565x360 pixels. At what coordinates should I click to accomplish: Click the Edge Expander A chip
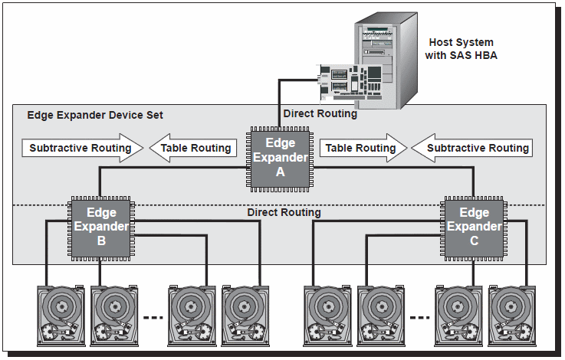click(x=280, y=159)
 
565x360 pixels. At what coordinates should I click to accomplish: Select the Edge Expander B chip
click(x=101, y=228)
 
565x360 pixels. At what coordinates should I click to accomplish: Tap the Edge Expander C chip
click(x=474, y=228)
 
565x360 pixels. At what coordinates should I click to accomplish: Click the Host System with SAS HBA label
click(x=461, y=49)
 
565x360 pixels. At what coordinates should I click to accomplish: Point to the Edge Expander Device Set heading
click(x=95, y=115)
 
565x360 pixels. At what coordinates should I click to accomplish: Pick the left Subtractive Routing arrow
click(x=83, y=148)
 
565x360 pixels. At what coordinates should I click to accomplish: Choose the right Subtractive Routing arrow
click(x=472, y=148)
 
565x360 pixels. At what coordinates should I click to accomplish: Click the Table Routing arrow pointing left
click(x=193, y=148)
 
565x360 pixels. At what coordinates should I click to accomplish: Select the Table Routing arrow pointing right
click(x=363, y=148)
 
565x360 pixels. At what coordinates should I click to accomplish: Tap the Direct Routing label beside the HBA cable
click(x=320, y=114)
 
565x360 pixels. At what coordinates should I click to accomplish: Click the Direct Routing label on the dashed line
click(x=284, y=212)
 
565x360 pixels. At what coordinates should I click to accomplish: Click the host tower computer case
click(x=386, y=61)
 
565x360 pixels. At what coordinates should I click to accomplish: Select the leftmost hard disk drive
click(x=61, y=316)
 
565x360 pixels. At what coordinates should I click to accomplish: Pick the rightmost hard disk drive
click(x=512, y=316)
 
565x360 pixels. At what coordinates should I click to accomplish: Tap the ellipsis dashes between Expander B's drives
click(x=153, y=318)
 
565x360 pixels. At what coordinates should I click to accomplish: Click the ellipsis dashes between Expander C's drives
click(x=420, y=318)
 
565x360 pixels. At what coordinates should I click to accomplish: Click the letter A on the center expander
click(x=280, y=172)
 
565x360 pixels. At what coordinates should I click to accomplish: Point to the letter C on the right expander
click(x=475, y=241)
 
